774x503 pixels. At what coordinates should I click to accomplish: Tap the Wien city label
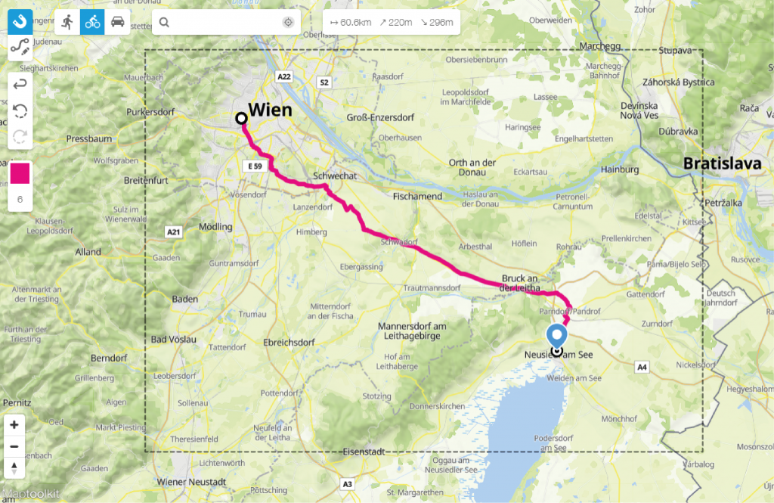pyautogui.click(x=270, y=110)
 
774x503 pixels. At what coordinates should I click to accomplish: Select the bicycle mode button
pyautogui.click(x=93, y=22)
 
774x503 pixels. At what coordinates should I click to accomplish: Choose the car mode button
pyautogui.click(x=117, y=22)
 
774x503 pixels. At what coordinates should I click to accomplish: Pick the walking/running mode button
pyautogui.click(x=68, y=22)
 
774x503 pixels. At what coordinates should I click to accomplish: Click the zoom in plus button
pyautogui.click(x=14, y=424)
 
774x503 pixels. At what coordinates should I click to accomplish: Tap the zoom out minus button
pyautogui.click(x=14, y=446)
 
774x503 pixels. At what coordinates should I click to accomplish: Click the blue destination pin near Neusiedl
pyautogui.click(x=557, y=336)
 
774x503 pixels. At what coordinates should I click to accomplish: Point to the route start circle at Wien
pyautogui.click(x=241, y=118)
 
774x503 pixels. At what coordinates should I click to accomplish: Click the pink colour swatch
pyautogui.click(x=19, y=174)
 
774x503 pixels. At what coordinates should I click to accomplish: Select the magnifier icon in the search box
pyautogui.click(x=164, y=23)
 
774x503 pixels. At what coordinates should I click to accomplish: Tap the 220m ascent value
pyautogui.click(x=395, y=23)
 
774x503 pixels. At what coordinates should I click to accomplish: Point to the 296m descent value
pyautogui.click(x=438, y=23)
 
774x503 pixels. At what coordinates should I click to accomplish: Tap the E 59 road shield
pyautogui.click(x=253, y=165)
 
